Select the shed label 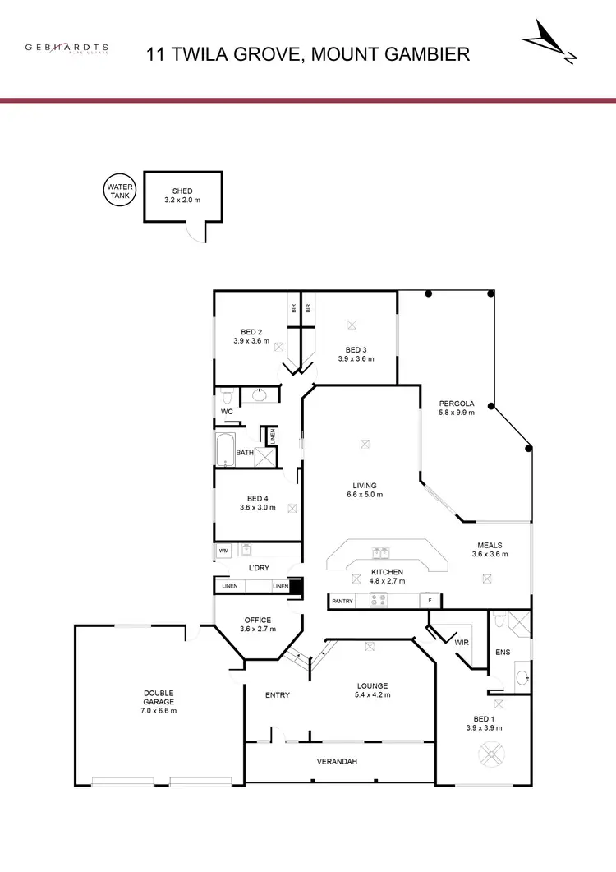(x=182, y=191)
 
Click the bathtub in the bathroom (x=225, y=451)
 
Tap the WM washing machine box (x=223, y=550)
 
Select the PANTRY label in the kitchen (x=342, y=602)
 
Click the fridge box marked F (x=430, y=602)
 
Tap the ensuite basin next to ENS (x=521, y=679)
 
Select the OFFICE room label (x=257, y=621)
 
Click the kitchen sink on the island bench (x=380, y=552)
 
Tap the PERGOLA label (x=457, y=404)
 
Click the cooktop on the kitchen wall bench (x=378, y=602)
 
